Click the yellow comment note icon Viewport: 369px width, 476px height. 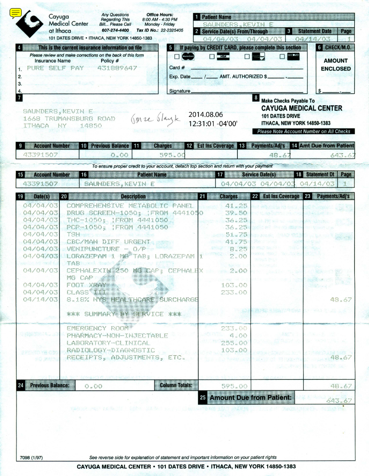click(15, 13)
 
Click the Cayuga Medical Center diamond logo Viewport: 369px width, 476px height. click(29, 24)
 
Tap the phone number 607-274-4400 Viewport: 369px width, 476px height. click(115, 30)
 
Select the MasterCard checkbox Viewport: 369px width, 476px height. click(177, 57)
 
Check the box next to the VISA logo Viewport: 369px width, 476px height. click(212, 57)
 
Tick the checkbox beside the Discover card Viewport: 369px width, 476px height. click(282, 57)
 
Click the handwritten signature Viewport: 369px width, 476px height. click(155, 119)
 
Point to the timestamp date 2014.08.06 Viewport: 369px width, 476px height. click(206, 115)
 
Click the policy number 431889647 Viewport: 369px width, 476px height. click(117, 68)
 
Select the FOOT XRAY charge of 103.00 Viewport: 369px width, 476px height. click(234, 285)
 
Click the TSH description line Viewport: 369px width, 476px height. click(73, 234)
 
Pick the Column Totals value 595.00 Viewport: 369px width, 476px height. click(234, 386)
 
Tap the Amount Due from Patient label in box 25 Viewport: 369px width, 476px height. click(250, 398)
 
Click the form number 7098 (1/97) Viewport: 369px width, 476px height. click(31, 457)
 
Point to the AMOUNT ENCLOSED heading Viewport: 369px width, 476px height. click(336, 65)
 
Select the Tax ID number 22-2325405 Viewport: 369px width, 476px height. click(172, 30)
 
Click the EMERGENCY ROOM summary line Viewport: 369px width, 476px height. click(98, 328)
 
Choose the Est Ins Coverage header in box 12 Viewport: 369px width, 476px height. click(215, 146)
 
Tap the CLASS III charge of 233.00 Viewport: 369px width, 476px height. click(234, 292)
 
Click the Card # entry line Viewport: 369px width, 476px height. click(246, 68)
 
